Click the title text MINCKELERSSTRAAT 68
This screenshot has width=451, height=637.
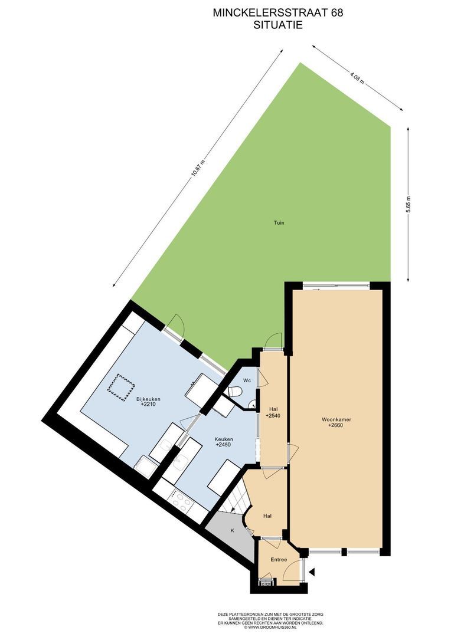coord(278,13)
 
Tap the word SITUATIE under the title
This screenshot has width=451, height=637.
coord(278,25)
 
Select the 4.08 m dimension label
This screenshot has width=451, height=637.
coord(357,77)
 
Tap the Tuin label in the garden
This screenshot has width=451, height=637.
coord(279,222)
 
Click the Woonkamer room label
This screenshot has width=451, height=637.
coord(336,420)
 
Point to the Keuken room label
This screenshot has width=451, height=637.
coord(224,439)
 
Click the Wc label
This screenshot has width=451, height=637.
coord(247,380)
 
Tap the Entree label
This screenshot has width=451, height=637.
coord(279,560)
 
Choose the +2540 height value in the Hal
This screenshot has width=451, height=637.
coord(273,416)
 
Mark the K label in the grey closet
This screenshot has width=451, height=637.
coord(233,531)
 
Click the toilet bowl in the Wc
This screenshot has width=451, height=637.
coord(235,392)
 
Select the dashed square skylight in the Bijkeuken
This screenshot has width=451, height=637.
coord(121,388)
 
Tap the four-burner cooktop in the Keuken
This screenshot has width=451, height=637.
coord(181,501)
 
